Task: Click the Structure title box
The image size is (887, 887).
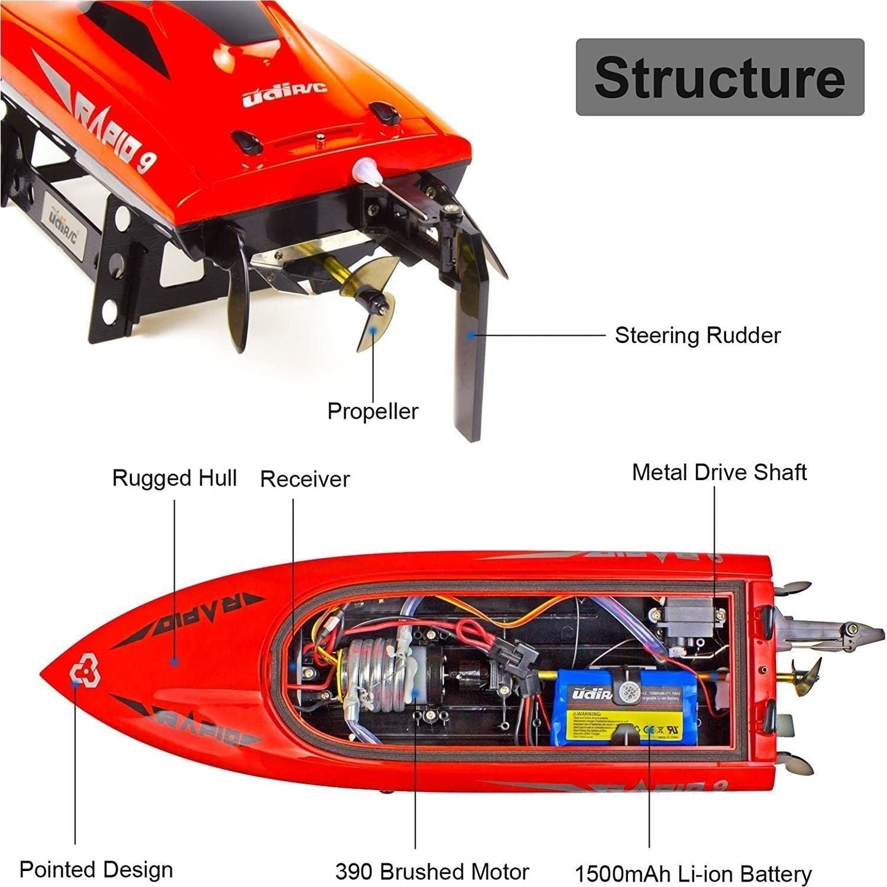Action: click(x=719, y=77)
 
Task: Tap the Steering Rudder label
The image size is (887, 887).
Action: click(x=697, y=336)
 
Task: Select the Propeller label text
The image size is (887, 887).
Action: click(x=373, y=411)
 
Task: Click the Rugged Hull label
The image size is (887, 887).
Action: click(x=174, y=478)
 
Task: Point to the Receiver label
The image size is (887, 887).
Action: click(x=304, y=479)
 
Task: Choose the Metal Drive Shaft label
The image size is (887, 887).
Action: click(x=719, y=472)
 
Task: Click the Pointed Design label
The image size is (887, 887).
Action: click(x=96, y=870)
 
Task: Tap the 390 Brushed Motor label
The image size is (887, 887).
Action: click(x=432, y=872)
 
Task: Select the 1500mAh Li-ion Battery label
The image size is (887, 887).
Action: click(x=693, y=873)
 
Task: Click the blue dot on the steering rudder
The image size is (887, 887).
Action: click(x=470, y=335)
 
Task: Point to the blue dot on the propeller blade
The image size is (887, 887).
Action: click(x=372, y=329)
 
